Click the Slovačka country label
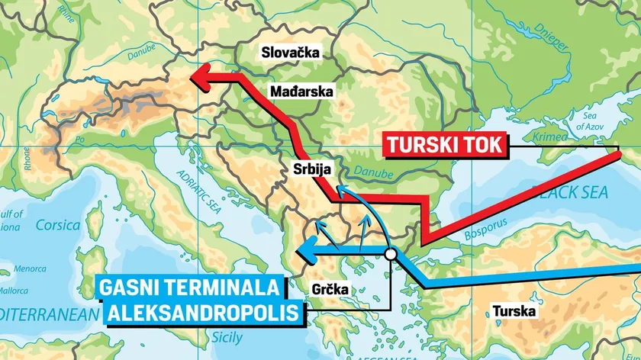pyautogui.click(x=290, y=53)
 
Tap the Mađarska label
pyautogui.click(x=301, y=92)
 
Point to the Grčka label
pyautogui.click(x=330, y=289)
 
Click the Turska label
pyautogui.click(x=514, y=311)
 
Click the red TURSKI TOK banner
pyautogui.click(x=444, y=144)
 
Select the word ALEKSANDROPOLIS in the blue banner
pyautogui.click(x=200, y=313)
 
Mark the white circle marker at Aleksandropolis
pyautogui.click(x=391, y=255)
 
